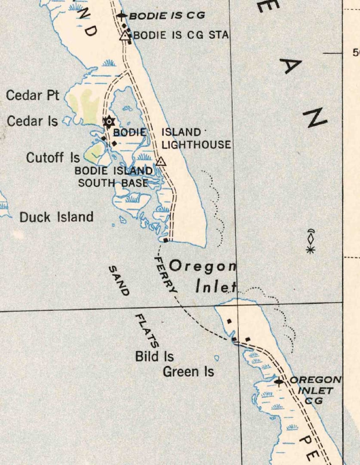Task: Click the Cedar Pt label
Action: click(x=33, y=95)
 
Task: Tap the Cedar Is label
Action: click(x=32, y=121)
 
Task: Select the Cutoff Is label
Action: click(x=53, y=158)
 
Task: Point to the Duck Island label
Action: click(x=56, y=217)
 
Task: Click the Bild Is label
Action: click(x=154, y=356)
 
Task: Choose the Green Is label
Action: click(x=188, y=372)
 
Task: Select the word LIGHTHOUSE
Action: click(x=196, y=145)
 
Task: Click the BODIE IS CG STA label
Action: click(x=181, y=35)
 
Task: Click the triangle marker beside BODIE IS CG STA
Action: click(x=125, y=36)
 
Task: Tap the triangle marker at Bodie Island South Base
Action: click(x=161, y=162)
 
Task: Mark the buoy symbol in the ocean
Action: click(x=311, y=241)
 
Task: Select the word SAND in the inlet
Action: click(x=119, y=281)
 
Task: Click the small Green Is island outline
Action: click(x=217, y=358)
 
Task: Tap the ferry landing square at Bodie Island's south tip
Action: click(x=166, y=240)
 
